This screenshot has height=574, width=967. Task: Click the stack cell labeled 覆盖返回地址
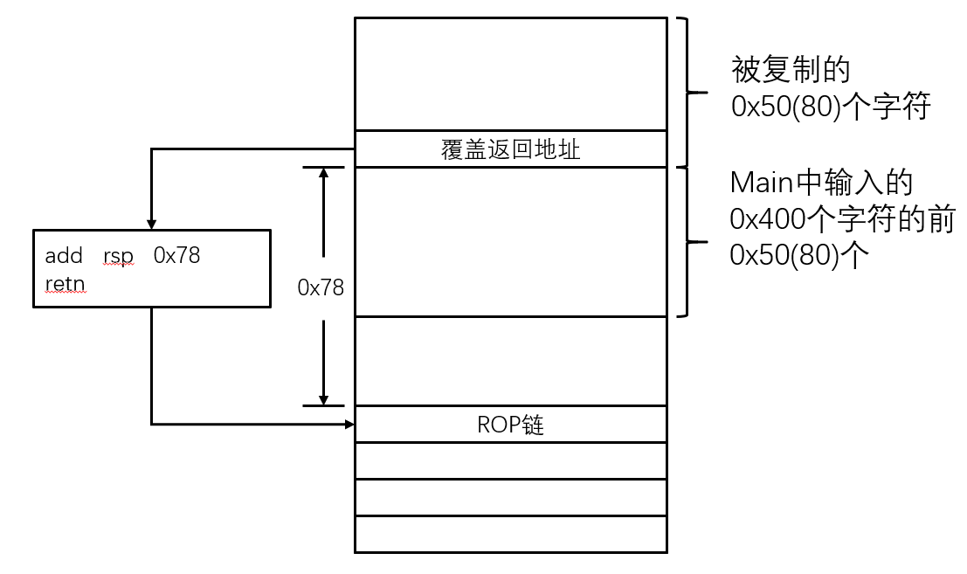click(511, 149)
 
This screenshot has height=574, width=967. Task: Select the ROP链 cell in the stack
click(511, 425)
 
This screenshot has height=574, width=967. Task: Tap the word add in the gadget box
click(63, 256)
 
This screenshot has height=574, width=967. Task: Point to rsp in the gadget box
click(118, 257)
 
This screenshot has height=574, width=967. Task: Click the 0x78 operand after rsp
click(176, 256)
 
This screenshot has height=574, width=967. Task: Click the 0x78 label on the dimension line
click(321, 287)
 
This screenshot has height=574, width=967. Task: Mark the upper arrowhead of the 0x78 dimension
click(324, 174)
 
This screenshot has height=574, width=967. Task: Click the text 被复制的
click(791, 68)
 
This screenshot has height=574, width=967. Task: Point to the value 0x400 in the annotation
click(769, 220)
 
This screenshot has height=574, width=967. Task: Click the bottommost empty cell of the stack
click(511, 534)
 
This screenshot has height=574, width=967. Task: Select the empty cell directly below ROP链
click(511, 460)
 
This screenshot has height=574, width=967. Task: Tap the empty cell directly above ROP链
click(511, 361)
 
